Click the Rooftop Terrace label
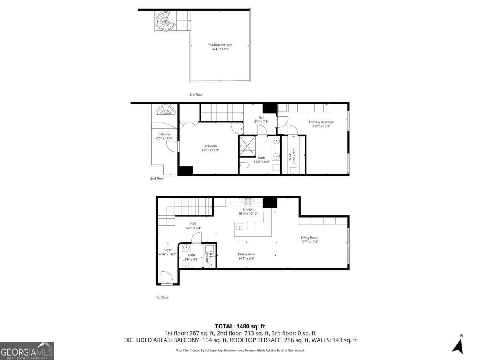pyautogui.click(x=220, y=47)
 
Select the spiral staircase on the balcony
pyautogui.click(x=166, y=110)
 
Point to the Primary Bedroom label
pyautogui.click(x=321, y=124)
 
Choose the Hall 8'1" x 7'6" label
pyautogui.click(x=261, y=119)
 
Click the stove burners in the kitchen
pyautogui.click(x=248, y=202)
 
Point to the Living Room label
pyautogui.click(x=309, y=240)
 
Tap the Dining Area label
pyautogui.click(x=246, y=256)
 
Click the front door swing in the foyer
pyautogui.click(x=167, y=278)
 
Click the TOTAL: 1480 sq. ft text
pyautogui.click(x=240, y=326)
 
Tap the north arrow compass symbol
pyautogui.click(x=458, y=345)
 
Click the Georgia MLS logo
pyautogui.click(x=27, y=351)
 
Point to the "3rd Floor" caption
pyautogui.click(x=196, y=94)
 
